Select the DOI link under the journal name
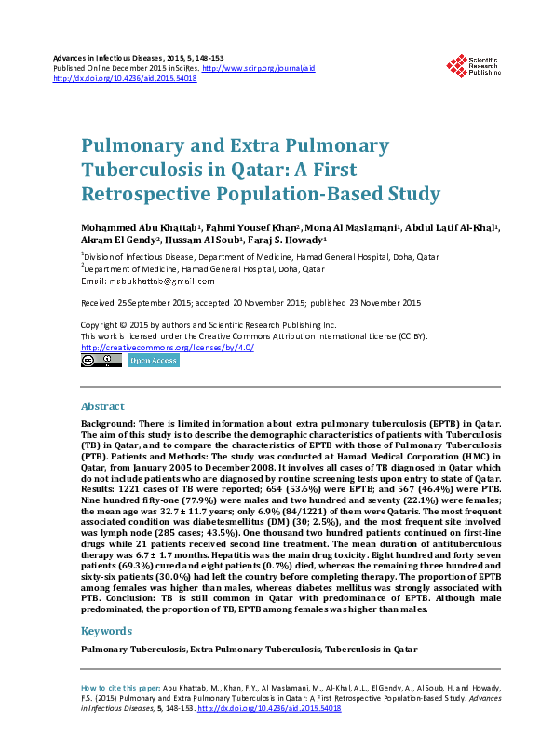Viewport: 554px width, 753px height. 125,79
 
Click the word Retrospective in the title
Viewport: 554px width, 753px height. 150,195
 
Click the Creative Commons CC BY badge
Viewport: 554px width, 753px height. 101,360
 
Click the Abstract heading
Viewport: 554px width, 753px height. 103,407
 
